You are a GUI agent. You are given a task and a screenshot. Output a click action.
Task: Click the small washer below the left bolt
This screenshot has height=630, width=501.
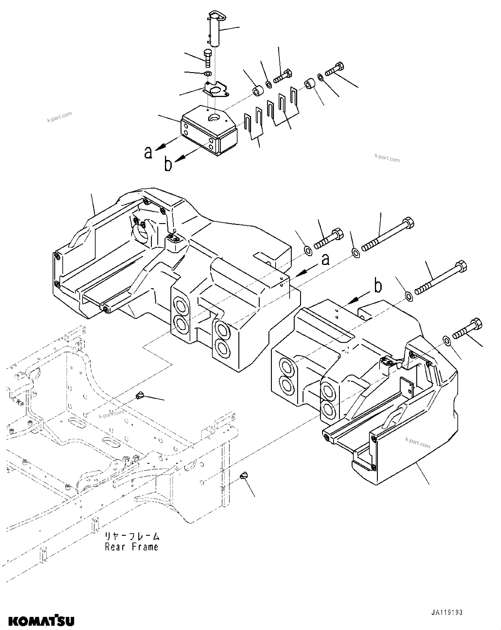coord(208,73)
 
